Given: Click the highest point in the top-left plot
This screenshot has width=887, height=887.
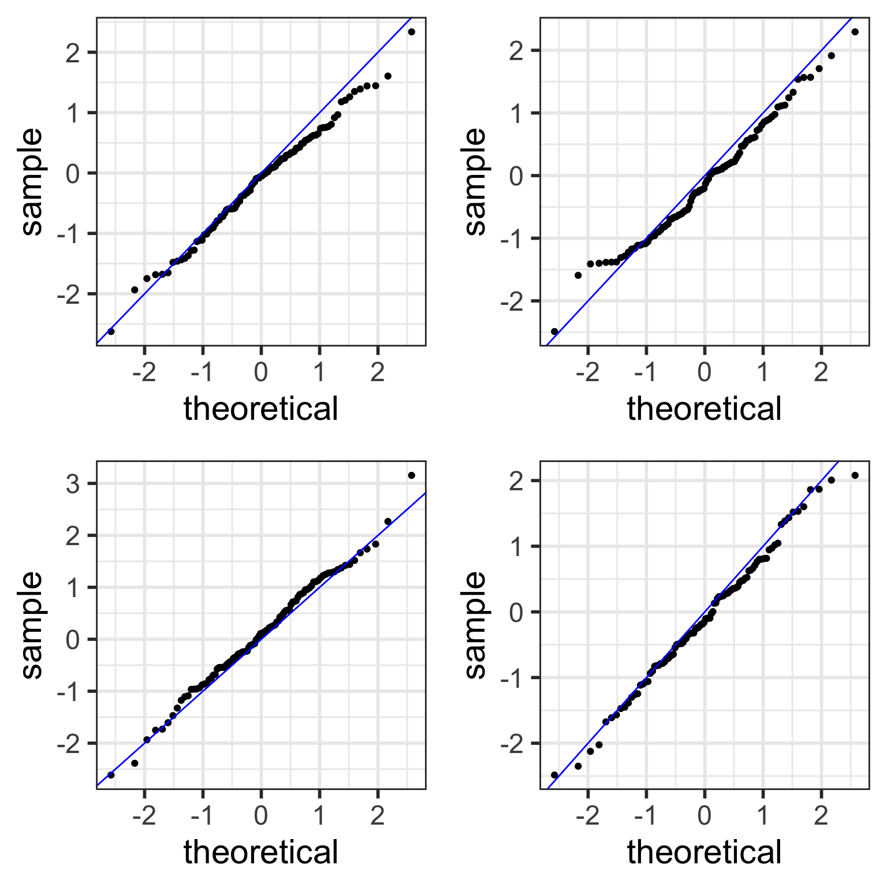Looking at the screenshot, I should pyautogui.click(x=411, y=32).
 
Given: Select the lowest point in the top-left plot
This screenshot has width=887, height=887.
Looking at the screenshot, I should pyautogui.click(x=111, y=331).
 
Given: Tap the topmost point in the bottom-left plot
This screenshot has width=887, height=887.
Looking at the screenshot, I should pyautogui.click(x=411, y=475).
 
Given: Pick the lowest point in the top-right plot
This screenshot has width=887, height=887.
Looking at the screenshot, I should pyautogui.click(x=554, y=331).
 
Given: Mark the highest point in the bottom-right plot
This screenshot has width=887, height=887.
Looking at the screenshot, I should pyautogui.click(x=855, y=475).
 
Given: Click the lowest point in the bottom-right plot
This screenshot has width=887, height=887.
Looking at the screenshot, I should pyautogui.click(x=554, y=775).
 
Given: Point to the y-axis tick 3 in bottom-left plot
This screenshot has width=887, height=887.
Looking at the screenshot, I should pyautogui.click(x=73, y=484).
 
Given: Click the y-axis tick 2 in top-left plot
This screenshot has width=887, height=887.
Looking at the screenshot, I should pyautogui.click(x=73, y=53).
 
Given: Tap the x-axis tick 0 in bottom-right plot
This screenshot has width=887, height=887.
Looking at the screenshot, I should pyautogui.click(x=705, y=816).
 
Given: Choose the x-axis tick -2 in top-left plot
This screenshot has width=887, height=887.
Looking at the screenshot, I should pyautogui.click(x=144, y=372).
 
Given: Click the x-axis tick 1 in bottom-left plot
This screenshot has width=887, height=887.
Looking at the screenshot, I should pyautogui.click(x=319, y=816).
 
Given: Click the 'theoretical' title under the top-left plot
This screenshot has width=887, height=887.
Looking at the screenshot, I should pyautogui.click(x=261, y=409).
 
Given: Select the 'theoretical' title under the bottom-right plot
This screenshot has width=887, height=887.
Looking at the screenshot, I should pyautogui.click(x=705, y=852).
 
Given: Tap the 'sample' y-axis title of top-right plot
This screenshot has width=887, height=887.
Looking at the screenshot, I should pyautogui.click(x=475, y=181).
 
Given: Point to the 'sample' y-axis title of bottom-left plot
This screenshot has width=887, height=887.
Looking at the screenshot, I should pyautogui.click(x=32, y=625).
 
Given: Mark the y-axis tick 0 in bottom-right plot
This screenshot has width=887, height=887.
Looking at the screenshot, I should pyautogui.click(x=516, y=612).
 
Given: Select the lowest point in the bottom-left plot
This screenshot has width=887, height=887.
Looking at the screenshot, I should pyautogui.click(x=111, y=774).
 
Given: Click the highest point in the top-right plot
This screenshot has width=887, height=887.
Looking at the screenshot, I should pyautogui.click(x=855, y=32).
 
